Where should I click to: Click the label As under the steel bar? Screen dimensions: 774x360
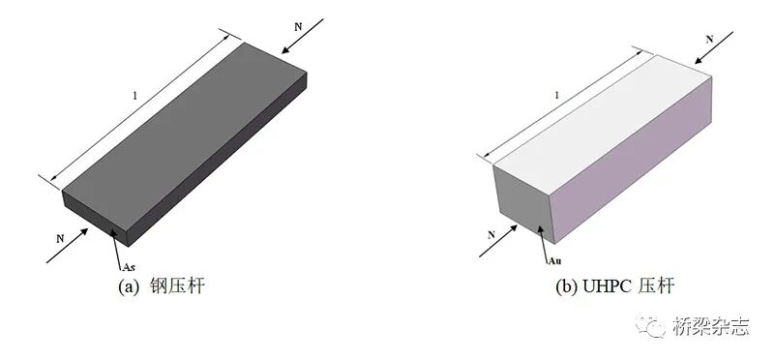click(129, 267)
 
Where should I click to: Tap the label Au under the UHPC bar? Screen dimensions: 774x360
click(554, 261)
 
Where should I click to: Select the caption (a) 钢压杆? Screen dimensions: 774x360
click(161, 286)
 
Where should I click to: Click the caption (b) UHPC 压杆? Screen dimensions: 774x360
click(614, 286)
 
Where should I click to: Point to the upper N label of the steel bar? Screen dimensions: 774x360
click(298, 27)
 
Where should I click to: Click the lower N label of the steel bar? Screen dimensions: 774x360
click(60, 238)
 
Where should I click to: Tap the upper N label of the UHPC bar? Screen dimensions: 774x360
click(710, 39)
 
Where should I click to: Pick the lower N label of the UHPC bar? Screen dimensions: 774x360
click(491, 235)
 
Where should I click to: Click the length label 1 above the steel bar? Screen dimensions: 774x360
click(134, 96)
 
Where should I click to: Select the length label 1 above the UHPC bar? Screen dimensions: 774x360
click(557, 95)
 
